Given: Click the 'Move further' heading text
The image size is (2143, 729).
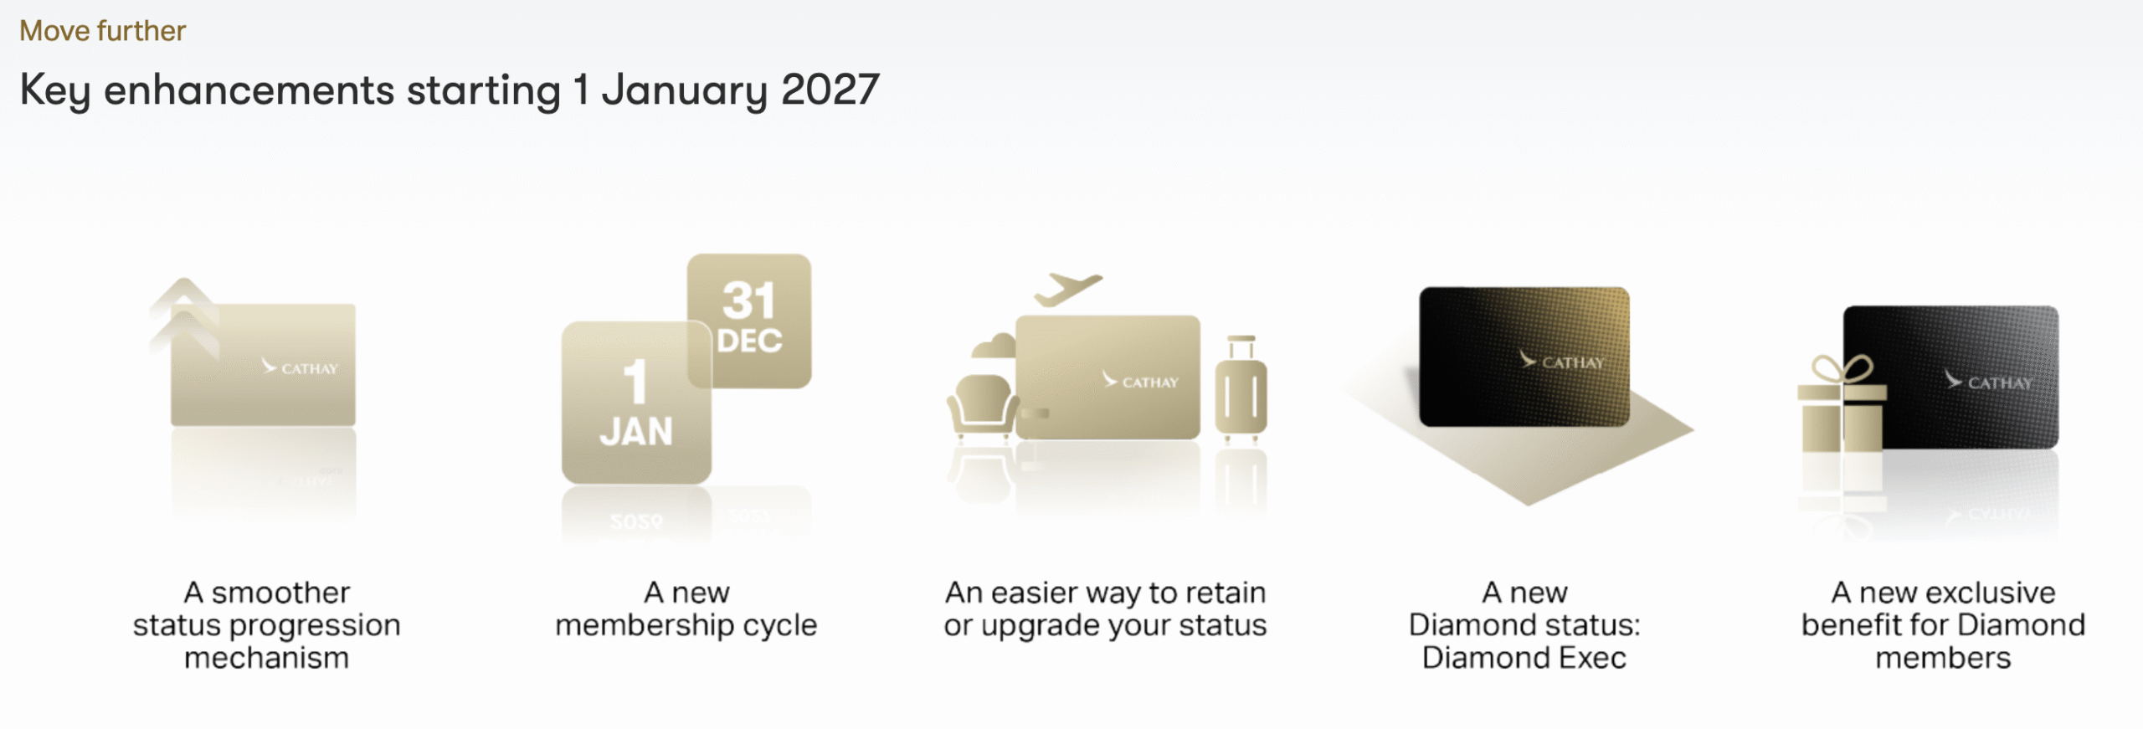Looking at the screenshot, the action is click(102, 31).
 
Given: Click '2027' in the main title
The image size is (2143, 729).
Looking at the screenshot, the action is click(830, 90).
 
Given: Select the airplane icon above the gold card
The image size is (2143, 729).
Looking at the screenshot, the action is click(1068, 290).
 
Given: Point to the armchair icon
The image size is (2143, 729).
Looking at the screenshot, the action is click(982, 406).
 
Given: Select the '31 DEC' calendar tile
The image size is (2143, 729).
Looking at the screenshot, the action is click(749, 321).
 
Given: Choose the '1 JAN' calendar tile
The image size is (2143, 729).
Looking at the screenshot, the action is click(636, 403).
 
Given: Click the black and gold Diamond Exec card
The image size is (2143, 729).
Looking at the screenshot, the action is click(1524, 357).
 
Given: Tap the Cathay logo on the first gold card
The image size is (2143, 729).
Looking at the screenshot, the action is click(300, 367).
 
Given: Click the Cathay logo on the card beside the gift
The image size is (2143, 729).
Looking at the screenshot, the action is click(1988, 382).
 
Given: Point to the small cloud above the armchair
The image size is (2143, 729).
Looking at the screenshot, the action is click(994, 346).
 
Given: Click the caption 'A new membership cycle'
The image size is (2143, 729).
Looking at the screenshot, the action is click(686, 608).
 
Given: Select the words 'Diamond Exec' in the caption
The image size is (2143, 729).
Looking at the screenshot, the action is click(1524, 658).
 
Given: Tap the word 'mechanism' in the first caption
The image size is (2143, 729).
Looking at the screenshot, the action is click(266, 658).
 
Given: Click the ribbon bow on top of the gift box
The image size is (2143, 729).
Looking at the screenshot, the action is click(1842, 368).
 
